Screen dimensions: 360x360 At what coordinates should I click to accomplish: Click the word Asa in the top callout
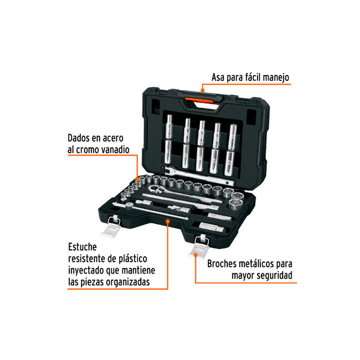[218, 77]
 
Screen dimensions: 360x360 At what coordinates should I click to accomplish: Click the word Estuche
[82, 247]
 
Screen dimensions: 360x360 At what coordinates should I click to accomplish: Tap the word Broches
[222, 264]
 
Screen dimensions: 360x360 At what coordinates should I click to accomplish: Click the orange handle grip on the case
[202, 101]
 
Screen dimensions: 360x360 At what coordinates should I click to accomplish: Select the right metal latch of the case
[199, 246]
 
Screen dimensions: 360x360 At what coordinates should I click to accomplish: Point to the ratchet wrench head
[156, 189]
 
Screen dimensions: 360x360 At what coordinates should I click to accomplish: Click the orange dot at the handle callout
[202, 90]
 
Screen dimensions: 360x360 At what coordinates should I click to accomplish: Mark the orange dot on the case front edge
[168, 221]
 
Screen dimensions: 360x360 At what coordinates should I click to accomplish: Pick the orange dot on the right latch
[196, 255]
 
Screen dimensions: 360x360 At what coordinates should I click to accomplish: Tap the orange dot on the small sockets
[137, 180]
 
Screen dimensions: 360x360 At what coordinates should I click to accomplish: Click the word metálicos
[256, 264]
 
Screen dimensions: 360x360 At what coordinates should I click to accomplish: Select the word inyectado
[86, 271]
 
